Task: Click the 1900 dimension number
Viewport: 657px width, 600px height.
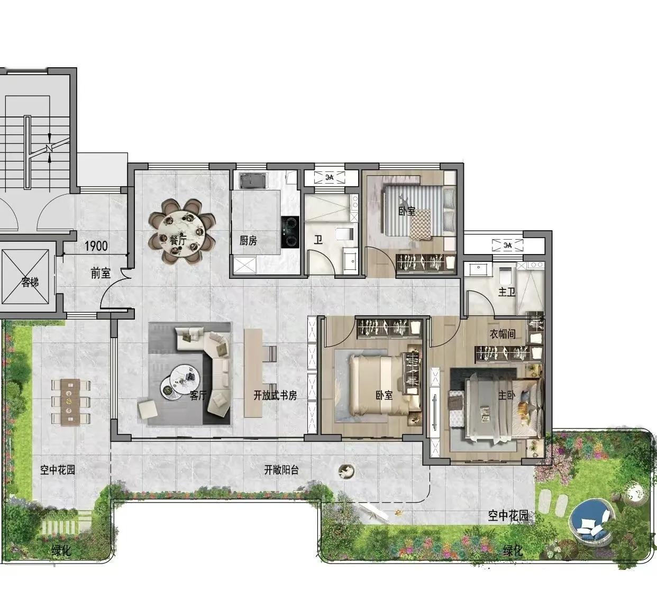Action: pos(96,246)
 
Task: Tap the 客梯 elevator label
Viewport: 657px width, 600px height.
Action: pos(30,281)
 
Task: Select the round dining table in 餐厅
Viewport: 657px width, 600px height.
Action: pos(182,232)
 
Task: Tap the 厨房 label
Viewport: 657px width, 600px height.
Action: pos(248,241)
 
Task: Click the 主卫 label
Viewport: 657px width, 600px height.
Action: pos(506,292)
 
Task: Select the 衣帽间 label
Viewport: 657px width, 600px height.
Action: pos(503,334)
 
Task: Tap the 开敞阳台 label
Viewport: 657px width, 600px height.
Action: pos(281,470)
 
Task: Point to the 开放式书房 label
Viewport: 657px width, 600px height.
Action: pos(275,396)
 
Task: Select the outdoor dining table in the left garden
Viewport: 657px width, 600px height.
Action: pos(70,402)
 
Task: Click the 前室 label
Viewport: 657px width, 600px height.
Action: pos(101,274)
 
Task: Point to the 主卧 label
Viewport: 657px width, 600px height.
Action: pos(506,396)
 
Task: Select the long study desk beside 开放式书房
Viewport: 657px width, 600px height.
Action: pos(253,372)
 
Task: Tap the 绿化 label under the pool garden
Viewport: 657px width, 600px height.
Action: pos(513,551)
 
